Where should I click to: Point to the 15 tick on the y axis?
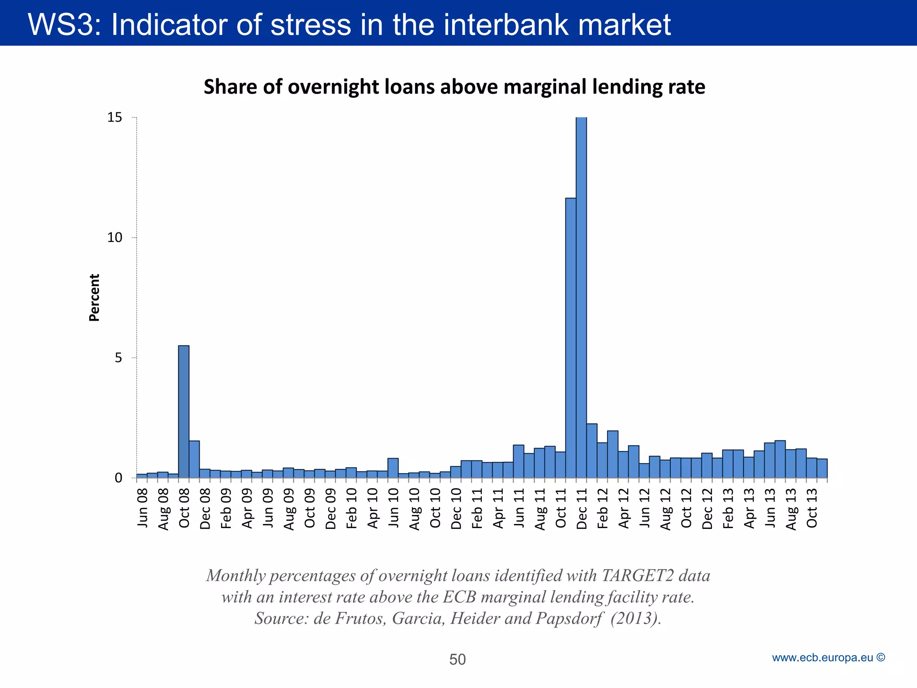(115, 117)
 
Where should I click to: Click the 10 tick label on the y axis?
(115, 238)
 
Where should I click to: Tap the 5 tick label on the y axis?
(118, 358)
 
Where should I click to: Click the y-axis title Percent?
(94, 297)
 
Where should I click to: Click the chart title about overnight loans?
(454, 87)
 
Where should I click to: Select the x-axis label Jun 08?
(142, 508)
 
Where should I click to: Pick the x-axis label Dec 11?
(582, 509)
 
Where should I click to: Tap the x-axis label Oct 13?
(812, 508)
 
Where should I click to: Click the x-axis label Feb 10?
(351, 508)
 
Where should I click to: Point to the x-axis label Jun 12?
(644, 508)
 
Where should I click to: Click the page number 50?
(457, 659)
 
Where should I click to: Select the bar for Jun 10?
(393, 468)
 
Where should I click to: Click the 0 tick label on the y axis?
(118, 478)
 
